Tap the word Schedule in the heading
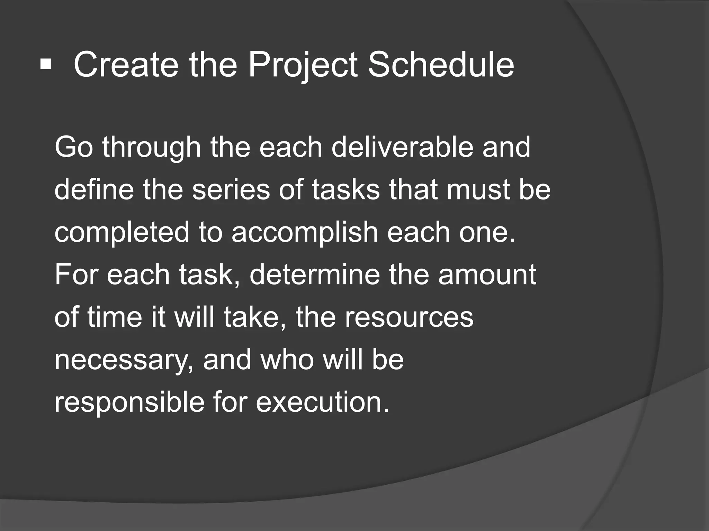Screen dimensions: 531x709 click(440, 65)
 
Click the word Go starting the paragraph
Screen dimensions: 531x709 click(73, 147)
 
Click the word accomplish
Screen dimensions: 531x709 click(305, 232)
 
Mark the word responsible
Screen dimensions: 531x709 click(129, 402)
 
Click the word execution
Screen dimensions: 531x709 click(322, 402)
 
